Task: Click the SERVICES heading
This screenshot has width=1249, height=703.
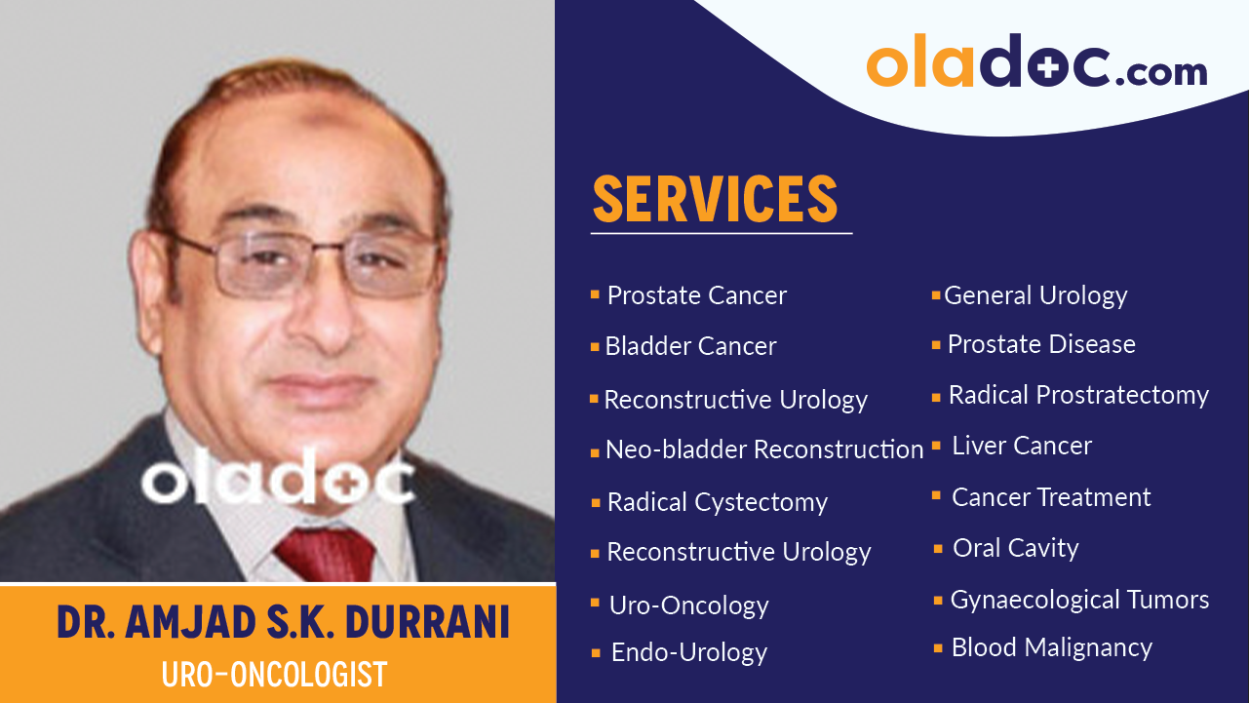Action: (715, 199)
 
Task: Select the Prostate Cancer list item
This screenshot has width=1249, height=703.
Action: (696, 295)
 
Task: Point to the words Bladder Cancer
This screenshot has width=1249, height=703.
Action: (690, 346)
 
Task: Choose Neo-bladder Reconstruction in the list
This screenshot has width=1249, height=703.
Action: (763, 449)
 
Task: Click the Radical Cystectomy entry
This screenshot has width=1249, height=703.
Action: (717, 502)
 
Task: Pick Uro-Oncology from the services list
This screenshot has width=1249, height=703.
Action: (688, 605)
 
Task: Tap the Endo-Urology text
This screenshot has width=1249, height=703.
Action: (688, 652)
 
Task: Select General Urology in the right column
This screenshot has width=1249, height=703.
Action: (1035, 295)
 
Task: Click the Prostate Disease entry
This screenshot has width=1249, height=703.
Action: (1041, 344)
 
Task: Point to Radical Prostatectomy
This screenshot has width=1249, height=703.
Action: (1078, 395)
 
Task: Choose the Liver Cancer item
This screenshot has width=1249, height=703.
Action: (1022, 446)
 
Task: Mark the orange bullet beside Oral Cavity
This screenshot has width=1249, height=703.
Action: (938, 549)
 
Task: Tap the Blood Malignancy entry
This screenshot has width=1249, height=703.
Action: (1051, 647)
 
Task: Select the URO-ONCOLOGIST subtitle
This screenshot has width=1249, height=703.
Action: (275, 674)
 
